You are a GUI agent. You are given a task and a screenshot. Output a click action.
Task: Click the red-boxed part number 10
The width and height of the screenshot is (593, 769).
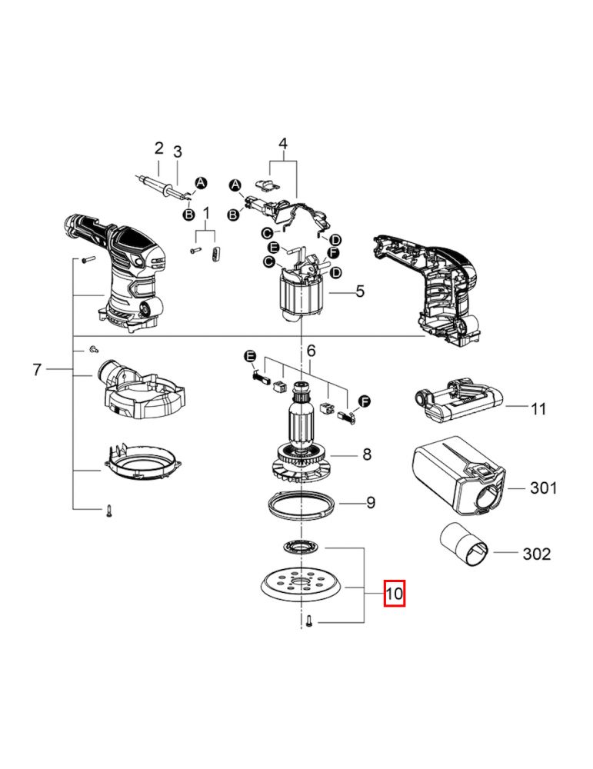tap(394, 593)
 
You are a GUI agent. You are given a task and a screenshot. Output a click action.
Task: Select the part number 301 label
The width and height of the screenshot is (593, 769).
tap(544, 488)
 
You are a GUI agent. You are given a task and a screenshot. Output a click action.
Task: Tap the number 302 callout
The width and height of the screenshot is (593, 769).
tap(537, 554)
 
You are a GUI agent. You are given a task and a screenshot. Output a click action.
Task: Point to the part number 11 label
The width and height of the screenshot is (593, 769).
tap(538, 408)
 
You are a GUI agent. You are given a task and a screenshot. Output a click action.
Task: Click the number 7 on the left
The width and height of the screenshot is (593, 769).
tap(37, 369)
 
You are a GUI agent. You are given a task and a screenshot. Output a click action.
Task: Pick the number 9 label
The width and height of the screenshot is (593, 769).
tap(371, 503)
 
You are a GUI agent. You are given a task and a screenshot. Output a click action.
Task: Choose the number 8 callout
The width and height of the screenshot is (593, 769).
tap(367, 454)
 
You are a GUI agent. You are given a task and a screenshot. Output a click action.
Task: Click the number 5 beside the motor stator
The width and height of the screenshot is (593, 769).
tap(360, 291)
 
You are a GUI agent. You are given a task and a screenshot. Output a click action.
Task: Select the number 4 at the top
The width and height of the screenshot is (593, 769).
tap(283, 144)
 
